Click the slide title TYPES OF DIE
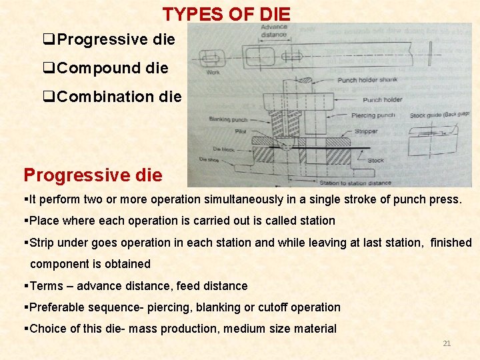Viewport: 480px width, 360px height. click(227, 13)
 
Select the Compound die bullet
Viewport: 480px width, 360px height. click(112, 68)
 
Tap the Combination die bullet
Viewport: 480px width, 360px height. click(119, 97)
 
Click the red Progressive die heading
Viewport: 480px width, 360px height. click(93, 175)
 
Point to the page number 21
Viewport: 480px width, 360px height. click(447, 343)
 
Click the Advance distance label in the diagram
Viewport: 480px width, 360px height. click(273, 31)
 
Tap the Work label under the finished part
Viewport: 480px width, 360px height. click(213, 72)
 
